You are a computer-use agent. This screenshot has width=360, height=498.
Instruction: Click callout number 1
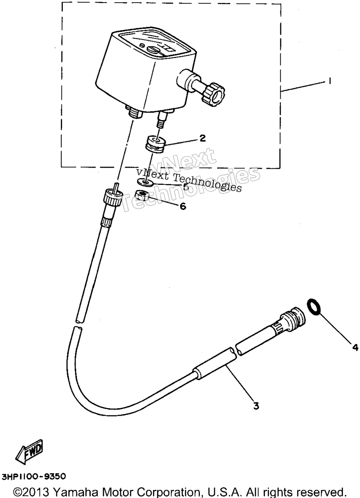(330, 81)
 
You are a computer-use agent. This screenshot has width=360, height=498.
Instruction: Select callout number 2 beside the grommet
(202, 138)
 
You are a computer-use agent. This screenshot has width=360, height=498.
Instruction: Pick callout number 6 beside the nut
(183, 206)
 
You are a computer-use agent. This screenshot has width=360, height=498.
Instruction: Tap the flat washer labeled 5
(144, 182)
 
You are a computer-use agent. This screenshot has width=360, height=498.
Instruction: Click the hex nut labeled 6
(142, 195)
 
